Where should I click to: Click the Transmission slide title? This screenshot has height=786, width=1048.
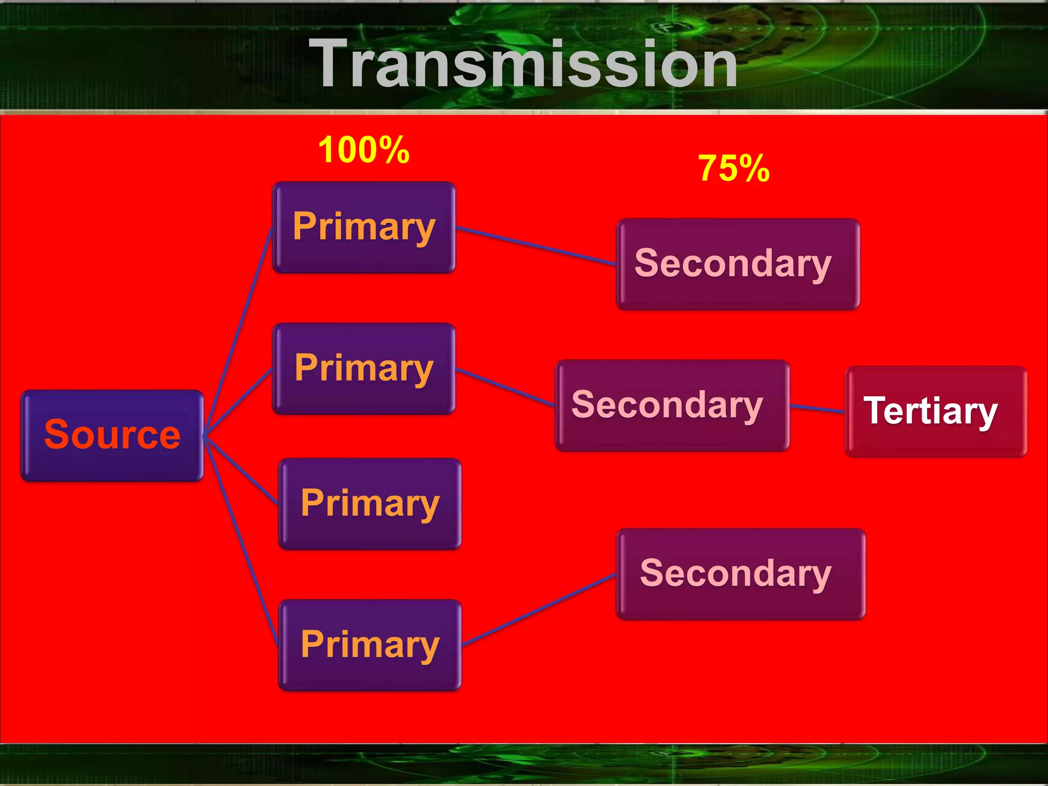tap(527, 64)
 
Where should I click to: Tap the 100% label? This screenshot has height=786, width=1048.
tap(364, 150)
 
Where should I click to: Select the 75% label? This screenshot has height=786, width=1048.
tap(734, 168)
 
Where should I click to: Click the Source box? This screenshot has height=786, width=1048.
tap(112, 435)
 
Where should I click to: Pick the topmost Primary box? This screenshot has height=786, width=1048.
tap(364, 227)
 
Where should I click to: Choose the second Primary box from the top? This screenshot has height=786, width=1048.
tap(364, 368)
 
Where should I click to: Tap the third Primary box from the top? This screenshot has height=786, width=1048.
tap(370, 503)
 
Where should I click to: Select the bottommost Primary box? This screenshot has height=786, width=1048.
tap(370, 645)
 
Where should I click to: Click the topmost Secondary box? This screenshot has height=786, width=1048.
tap(737, 264)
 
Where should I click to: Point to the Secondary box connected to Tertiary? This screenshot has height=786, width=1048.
tap(672, 405)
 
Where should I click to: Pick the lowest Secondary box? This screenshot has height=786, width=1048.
tap(740, 573)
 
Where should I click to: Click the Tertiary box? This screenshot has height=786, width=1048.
tap(935, 411)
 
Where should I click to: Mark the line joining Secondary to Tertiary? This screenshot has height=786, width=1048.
tap(817, 409)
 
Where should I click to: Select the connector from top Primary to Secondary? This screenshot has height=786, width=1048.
tap(535, 246)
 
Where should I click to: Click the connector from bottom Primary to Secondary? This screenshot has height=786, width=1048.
tap(538, 610)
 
